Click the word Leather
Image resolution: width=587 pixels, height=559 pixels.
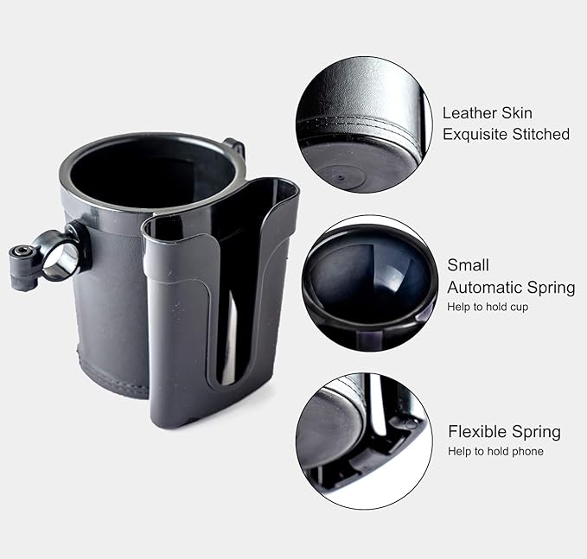point(469,113)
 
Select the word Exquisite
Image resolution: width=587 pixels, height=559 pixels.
point(475,135)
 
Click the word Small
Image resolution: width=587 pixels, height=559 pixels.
point(468,265)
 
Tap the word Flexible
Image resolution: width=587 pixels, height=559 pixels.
point(478,431)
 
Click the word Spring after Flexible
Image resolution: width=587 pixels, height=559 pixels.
point(537,433)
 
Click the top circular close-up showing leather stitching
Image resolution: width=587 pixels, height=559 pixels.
point(364,124)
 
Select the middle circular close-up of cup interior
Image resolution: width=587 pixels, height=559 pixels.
point(370,283)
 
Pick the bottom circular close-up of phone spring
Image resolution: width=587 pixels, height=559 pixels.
point(364,441)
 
